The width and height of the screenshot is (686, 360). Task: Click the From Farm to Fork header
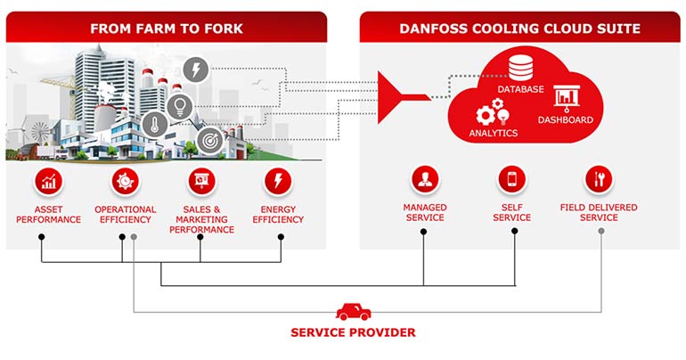(x=166, y=29)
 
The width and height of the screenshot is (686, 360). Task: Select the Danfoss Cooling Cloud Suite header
(x=519, y=29)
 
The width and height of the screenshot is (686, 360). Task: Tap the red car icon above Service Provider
(x=353, y=311)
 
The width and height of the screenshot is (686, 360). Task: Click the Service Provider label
(x=353, y=333)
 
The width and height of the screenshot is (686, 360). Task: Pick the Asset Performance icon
(x=47, y=183)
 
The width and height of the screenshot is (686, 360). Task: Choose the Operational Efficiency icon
(x=125, y=183)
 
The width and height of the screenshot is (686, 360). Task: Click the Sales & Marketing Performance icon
(x=200, y=183)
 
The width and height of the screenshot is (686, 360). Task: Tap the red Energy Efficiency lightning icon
(x=278, y=183)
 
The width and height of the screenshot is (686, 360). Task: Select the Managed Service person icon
(x=424, y=180)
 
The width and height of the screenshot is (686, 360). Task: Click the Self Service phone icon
(x=511, y=180)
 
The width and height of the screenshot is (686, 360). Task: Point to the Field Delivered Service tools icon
(x=599, y=180)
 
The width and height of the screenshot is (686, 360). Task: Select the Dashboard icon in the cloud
(x=565, y=97)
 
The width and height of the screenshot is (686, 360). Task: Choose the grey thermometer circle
(x=154, y=124)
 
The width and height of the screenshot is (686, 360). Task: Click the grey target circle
(x=209, y=139)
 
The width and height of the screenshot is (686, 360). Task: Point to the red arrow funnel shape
(x=405, y=98)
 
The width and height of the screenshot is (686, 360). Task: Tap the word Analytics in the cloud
(x=493, y=134)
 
